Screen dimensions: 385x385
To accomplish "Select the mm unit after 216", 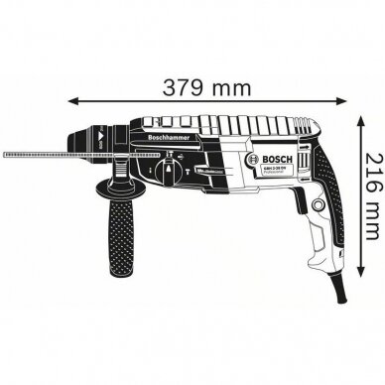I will tap(369, 235).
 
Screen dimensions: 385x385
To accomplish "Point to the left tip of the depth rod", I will tap(5, 156).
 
